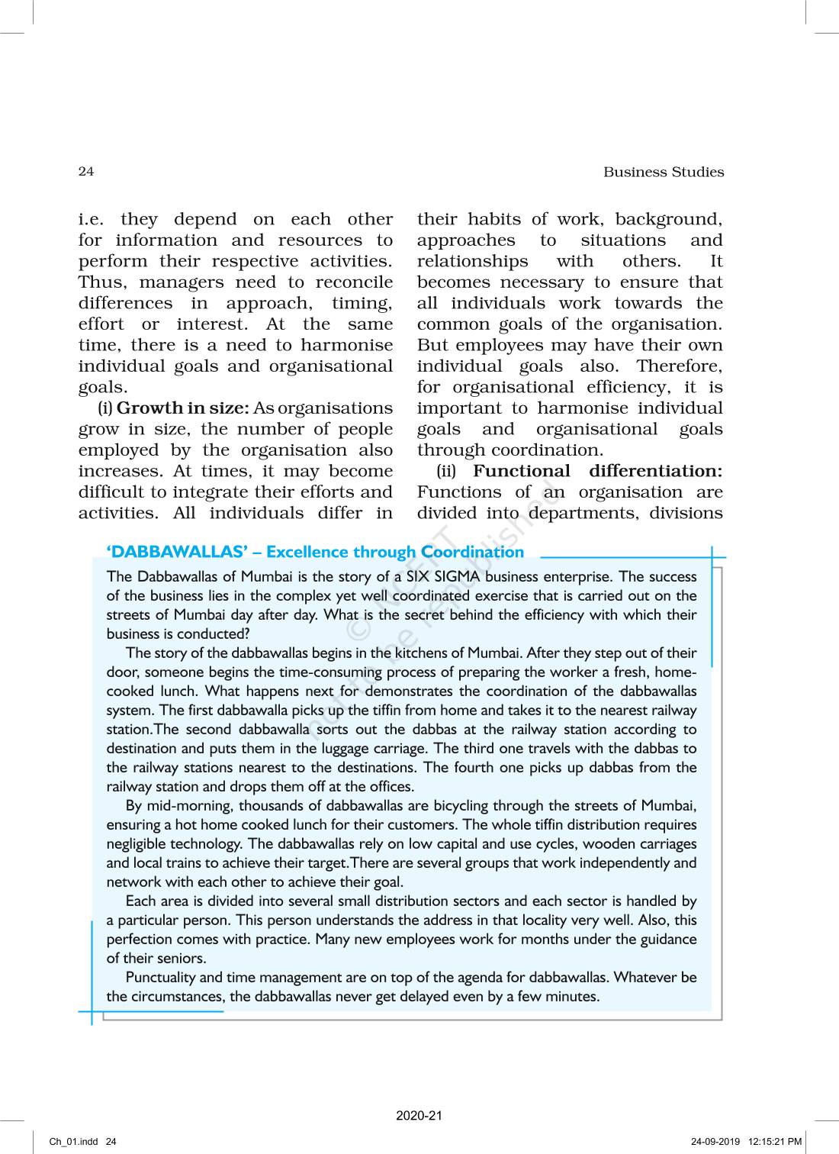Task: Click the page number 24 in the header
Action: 86,172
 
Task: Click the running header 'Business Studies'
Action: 664,172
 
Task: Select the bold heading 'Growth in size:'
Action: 183,408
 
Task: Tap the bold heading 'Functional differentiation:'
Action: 597,472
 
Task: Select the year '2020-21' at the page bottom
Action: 419,1116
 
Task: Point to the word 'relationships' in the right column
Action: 472,261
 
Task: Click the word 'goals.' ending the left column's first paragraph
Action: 102,387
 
